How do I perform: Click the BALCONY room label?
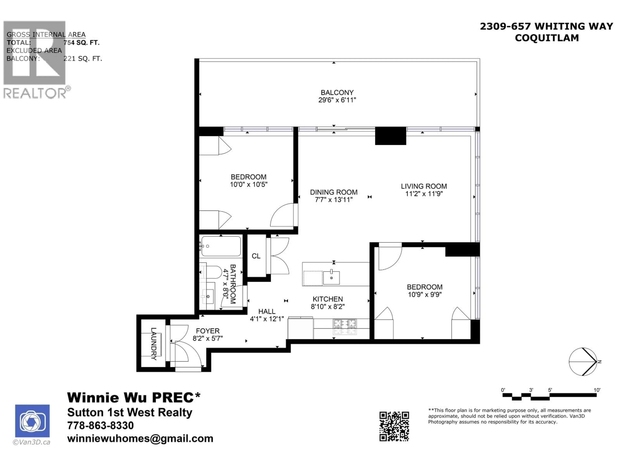coord(337,93)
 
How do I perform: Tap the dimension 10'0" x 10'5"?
coord(249,184)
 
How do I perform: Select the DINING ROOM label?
coord(334,192)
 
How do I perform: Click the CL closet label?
coord(256,256)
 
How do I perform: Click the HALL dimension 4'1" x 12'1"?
coord(267,319)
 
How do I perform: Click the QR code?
coord(394,426)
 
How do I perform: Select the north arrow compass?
coord(583,362)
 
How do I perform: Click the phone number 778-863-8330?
coord(100,425)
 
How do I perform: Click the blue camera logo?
coord(32,421)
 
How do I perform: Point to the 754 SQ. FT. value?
coord(81,43)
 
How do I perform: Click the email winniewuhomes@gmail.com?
coord(140,438)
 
